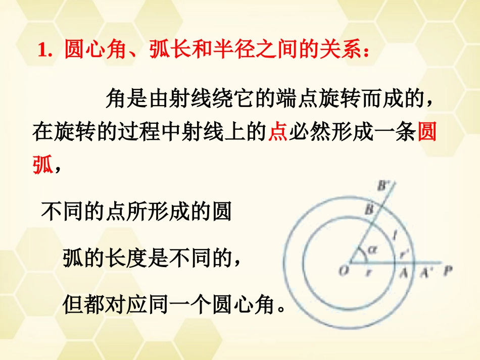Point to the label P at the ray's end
pos(447,271)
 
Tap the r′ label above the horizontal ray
pos(405,253)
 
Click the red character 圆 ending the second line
pos(428,133)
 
